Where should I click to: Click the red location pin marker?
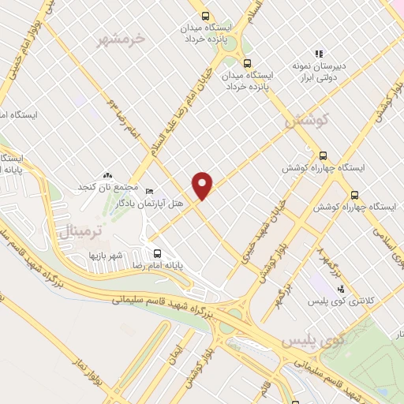tap(203, 185)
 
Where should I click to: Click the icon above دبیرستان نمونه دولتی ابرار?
tap(319, 54)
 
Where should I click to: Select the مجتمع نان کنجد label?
tap(107, 189)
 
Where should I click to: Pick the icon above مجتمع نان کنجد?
tap(107, 175)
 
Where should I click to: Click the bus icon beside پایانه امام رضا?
tap(157, 254)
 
